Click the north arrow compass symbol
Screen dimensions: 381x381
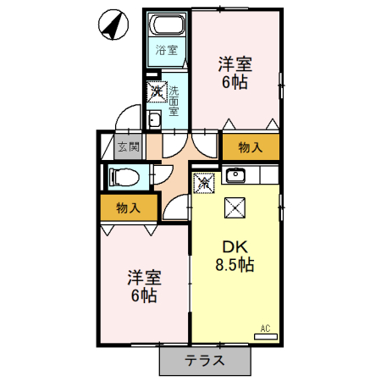(x=110, y=25)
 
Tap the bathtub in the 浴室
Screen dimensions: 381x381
(x=165, y=25)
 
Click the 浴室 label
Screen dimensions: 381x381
(x=165, y=50)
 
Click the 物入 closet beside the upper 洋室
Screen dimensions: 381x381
(x=251, y=147)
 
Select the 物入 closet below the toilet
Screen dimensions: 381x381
(x=127, y=207)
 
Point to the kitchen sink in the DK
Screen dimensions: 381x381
(x=234, y=175)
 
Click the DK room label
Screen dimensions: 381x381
(x=235, y=246)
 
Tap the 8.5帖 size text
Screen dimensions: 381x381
(x=235, y=265)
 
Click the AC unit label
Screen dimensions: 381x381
(x=263, y=329)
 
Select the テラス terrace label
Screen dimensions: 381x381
(x=205, y=360)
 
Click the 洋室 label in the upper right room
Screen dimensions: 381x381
(x=235, y=63)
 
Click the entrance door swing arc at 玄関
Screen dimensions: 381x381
(x=127, y=117)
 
